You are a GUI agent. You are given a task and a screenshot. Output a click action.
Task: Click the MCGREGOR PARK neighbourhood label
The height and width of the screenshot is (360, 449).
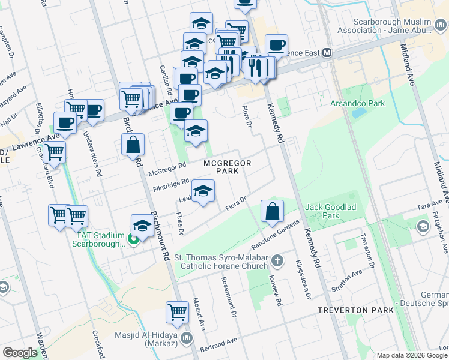(226, 167)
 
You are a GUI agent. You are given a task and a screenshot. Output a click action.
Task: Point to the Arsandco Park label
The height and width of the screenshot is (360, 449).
(357, 103)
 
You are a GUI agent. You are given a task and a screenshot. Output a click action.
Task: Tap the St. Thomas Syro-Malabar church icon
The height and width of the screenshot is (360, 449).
(277, 261)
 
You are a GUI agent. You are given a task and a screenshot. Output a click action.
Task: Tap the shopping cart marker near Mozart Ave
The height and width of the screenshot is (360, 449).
(178, 311)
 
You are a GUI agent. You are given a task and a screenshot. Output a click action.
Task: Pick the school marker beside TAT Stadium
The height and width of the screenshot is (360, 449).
(142, 226)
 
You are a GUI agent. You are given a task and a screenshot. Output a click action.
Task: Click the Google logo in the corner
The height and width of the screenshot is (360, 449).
(20, 353)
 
